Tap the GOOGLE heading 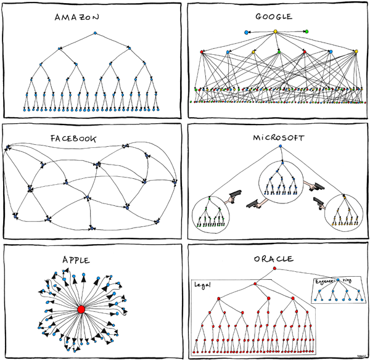coord(276,17)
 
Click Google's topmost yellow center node coord(276,31)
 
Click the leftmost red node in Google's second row coord(202,51)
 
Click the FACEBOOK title coord(73,139)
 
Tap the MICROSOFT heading coord(279,136)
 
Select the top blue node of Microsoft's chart coord(280,147)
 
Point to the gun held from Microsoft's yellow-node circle coord(318,203)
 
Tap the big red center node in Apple coord(80,308)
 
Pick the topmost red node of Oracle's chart coord(274,269)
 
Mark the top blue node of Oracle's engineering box coord(339,280)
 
